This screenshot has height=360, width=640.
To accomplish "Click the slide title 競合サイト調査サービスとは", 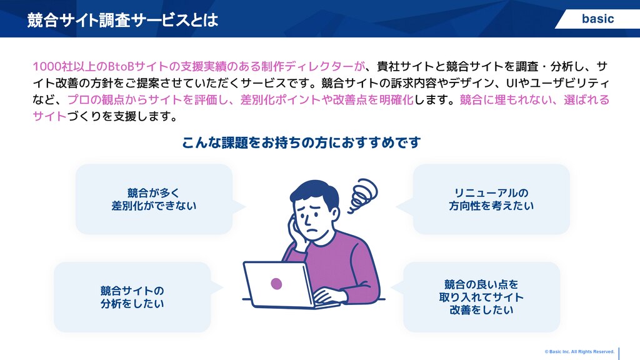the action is click(122, 20).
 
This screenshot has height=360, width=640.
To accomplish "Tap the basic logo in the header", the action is click(597, 19).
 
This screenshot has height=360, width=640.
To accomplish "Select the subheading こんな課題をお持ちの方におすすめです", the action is click(301, 142).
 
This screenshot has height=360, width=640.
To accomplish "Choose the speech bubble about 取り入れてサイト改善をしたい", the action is click(477, 297).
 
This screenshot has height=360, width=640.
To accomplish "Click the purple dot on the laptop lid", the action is click(276, 283).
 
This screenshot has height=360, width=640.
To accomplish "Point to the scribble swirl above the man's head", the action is click(362, 196).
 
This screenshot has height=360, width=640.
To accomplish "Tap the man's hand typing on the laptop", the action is click(329, 296).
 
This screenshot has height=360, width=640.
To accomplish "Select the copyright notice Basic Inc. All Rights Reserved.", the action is click(579, 351).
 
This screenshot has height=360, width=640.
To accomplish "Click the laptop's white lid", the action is click(278, 284).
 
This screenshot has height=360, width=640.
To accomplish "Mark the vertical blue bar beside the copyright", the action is click(619, 354).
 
